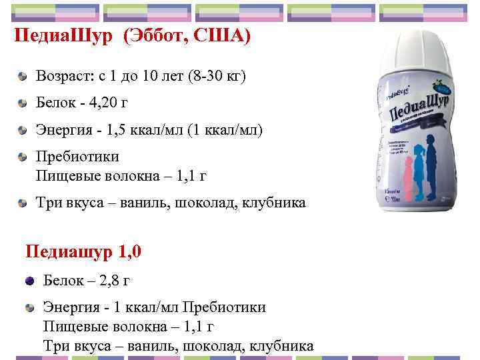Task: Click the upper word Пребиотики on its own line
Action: point(77,157)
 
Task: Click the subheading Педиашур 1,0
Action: point(83,252)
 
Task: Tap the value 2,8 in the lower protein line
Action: point(105,281)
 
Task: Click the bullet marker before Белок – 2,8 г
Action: point(29,281)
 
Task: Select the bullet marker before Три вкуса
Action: point(23,202)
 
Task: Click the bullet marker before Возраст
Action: point(23,78)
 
